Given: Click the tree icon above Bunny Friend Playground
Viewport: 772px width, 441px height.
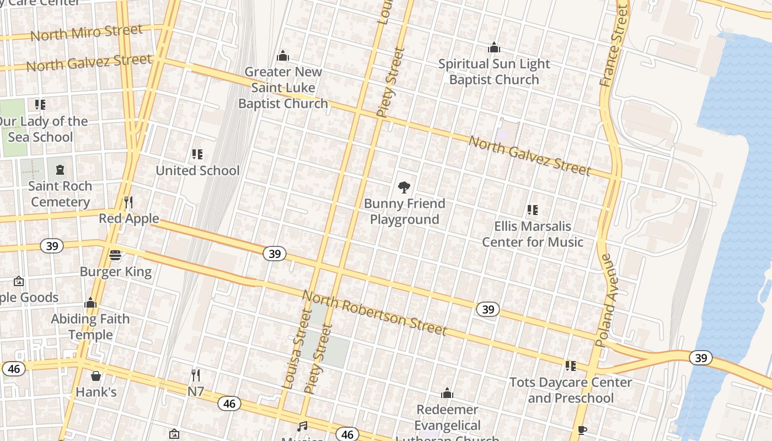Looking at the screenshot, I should [404, 187].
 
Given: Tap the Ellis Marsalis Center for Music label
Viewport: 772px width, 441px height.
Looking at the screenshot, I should [532, 234].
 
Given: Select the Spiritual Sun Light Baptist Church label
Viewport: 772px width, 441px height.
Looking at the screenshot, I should [494, 72].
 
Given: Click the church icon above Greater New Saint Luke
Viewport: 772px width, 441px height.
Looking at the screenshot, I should [283, 56].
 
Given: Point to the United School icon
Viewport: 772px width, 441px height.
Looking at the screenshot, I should [197, 154].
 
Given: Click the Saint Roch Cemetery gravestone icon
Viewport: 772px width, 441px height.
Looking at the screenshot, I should [60, 170].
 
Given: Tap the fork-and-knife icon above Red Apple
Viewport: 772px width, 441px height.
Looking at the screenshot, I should [128, 202].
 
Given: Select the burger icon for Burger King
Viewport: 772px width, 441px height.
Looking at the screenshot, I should [115, 255].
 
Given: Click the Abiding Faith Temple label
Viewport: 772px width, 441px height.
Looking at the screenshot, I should [90, 327].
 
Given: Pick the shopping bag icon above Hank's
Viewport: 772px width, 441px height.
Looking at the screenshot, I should [96, 376].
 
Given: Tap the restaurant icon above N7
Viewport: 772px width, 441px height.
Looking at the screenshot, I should [195, 375].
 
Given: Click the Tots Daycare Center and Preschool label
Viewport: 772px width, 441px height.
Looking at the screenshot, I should [570, 390].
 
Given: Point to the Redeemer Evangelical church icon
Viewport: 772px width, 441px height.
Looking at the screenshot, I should [447, 394].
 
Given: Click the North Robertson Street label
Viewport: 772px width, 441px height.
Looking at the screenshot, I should [374, 313].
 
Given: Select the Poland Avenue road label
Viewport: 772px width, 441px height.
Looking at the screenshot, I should [607, 300].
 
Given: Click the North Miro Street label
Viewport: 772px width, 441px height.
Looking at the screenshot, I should [87, 33].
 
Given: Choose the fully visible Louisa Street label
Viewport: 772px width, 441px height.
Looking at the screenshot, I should [297, 349].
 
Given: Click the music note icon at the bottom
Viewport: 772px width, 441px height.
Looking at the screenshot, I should [302, 426].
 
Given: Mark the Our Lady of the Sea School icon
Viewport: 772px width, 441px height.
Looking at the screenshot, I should [40, 105].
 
